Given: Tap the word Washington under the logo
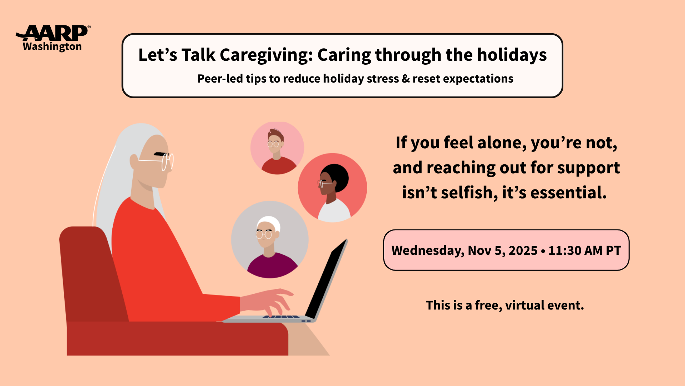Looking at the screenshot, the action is point(52,47).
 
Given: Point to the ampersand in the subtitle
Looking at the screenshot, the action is point(406,79).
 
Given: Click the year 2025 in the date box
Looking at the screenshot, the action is point(523,251).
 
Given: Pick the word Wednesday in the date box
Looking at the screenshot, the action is point(428,251).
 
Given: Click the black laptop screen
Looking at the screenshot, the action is point(326,279).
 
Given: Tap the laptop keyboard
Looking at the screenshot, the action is point(281,317).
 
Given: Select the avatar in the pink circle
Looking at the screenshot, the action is point(277,148).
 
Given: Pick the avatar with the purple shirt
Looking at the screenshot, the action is point(270,239).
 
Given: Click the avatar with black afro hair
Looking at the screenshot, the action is point(333,188).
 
